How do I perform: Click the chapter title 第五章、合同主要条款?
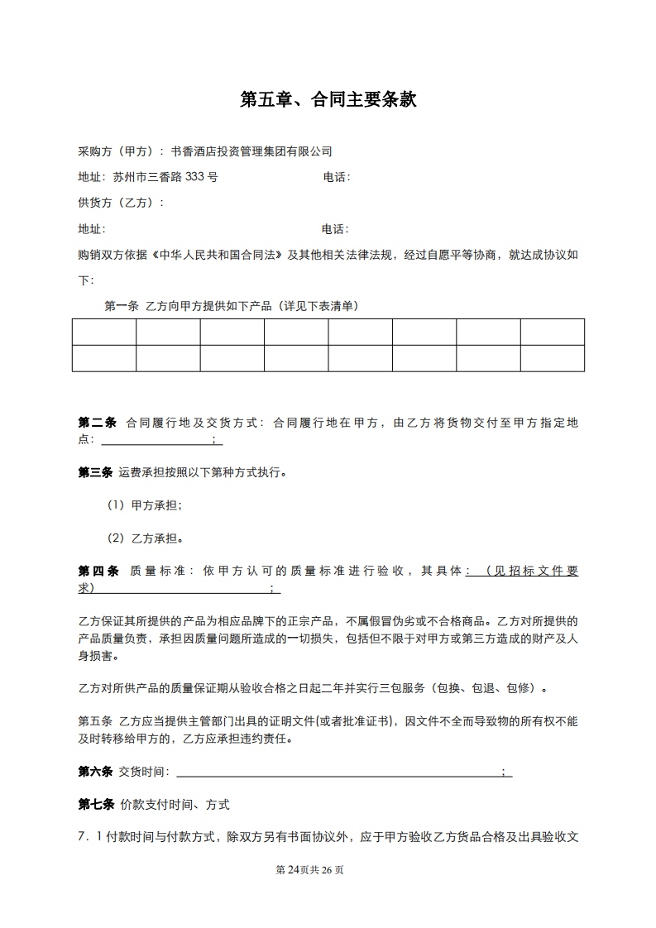point(328,101)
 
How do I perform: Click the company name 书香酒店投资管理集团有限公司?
point(251,151)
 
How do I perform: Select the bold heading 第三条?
point(95,473)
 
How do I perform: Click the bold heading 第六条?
point(95,772)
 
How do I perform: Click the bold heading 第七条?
point(95,804)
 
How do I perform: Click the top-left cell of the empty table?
point(104,332)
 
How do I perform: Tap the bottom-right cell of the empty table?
point(552,358)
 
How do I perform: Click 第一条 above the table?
point(121,306)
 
